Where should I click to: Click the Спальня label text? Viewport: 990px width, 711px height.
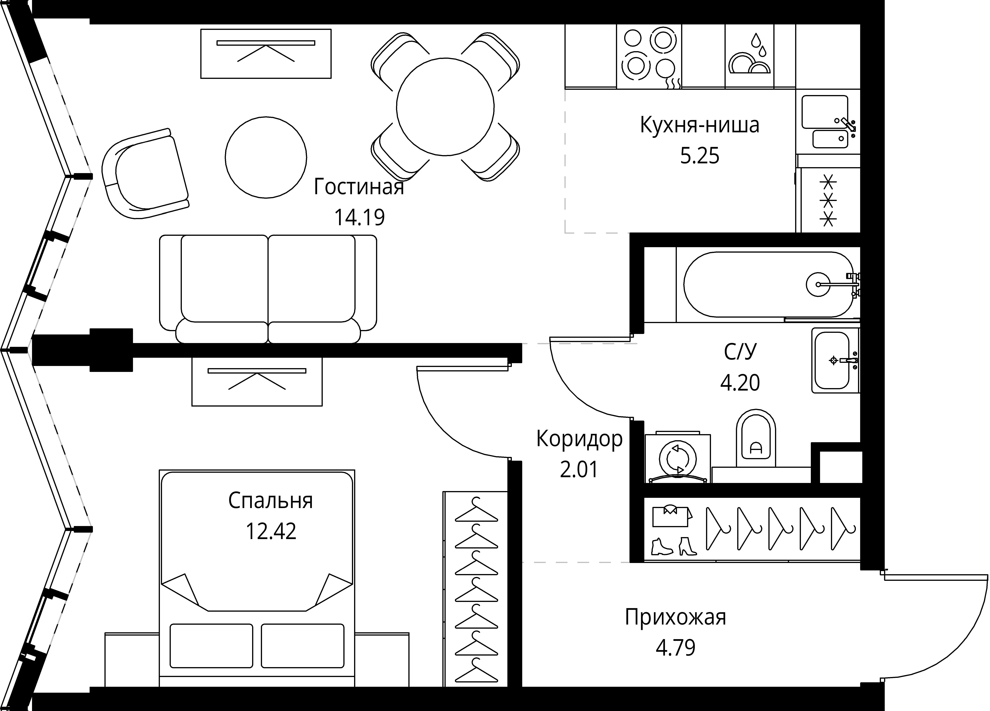pyautogui.click(x=271, y=501)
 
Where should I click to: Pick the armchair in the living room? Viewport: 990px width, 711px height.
pyautogui.click(x=144, y=175)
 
